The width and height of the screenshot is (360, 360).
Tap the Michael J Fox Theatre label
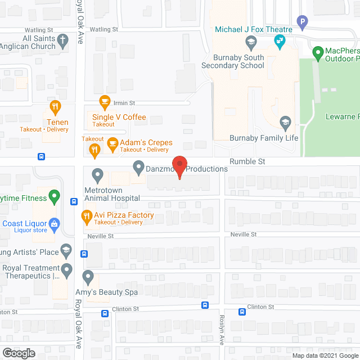pyautogui.click(x=253, y=29)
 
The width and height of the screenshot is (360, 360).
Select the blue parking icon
pyautogui.click(x=303, y=23)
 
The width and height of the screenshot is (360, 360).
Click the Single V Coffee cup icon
pyautogui.click(x=105, y=102)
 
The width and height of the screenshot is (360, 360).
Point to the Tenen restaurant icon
pyautogui.click(x=55, y=107)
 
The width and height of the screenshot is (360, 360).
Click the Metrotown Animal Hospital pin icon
pyautogui.click(x=97, y=175)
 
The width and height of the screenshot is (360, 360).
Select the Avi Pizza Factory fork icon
pyautogui.click(x=87, y=215)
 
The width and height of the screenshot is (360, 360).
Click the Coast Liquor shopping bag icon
pyautogui.click(x=55, y=223)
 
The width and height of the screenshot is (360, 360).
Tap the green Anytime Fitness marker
pyautogui.click(x=54, y=197)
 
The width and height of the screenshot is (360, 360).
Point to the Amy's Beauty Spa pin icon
pyautogui.click(x=88, y=277)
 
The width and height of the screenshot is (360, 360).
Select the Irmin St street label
pyautogui.click(x=125, y=103)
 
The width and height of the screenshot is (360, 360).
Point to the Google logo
pyautogui.click(x=18, y=353)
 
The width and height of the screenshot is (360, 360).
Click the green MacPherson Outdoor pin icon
pyautogui.click(x=318, y=54)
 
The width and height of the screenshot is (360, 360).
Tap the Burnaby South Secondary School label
pyautogui.click(x=238, y=61)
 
